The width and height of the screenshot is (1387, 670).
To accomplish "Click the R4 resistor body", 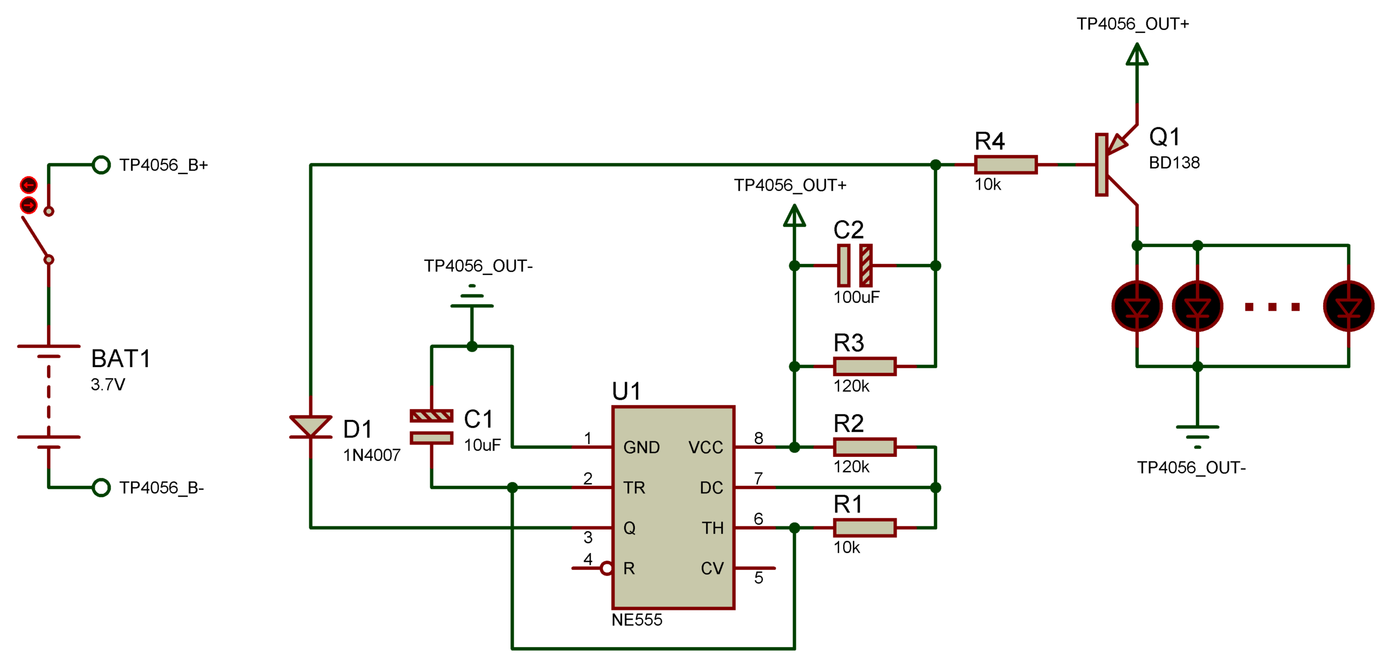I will coord(1005,164).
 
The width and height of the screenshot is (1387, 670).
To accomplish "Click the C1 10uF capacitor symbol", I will coord(431,427).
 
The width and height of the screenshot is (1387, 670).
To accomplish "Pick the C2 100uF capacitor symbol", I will coord(854,265).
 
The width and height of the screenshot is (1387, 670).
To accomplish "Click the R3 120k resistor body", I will coord(864,366).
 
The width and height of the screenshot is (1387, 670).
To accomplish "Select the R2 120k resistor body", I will coord(864,447).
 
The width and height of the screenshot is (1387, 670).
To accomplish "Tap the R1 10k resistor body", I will coord(864,527).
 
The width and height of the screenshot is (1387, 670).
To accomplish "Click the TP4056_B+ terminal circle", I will coord(101,164).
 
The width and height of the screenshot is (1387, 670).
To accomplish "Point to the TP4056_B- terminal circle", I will coord(101,487).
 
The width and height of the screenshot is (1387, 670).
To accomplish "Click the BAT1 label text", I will coord(120,358).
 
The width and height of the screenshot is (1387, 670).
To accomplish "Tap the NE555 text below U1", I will coord(637,620).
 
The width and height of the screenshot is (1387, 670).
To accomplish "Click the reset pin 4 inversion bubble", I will coord(606,568).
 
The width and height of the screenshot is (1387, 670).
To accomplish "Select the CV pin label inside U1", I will coord(711,568).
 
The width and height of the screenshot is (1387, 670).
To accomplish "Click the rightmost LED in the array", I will coord(1347,306).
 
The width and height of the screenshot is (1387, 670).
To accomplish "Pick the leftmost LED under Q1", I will coord(1136,306).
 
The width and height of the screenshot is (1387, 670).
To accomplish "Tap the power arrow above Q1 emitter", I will coord(1136,54).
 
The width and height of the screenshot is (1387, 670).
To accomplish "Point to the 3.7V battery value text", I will coord(108,384).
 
